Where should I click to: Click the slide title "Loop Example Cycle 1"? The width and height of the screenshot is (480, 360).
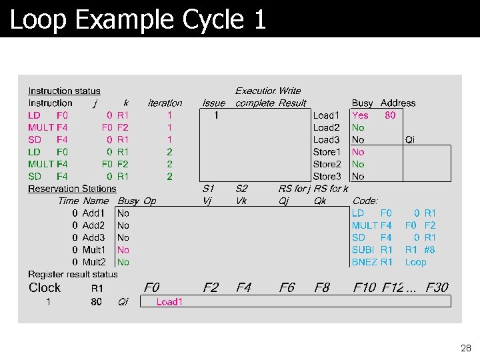coord(138,19)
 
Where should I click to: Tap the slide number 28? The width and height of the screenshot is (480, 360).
coord(465,348)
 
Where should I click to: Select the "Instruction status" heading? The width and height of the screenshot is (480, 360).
coord(64,91)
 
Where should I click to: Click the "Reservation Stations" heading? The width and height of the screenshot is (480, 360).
coord(72,189)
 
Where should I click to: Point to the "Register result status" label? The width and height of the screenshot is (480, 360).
coord(73,274)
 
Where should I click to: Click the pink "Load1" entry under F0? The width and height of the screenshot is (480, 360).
coord(169,302)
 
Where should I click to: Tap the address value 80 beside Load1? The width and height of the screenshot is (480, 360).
coord(390,115)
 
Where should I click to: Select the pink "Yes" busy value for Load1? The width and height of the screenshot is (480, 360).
coord(360,115)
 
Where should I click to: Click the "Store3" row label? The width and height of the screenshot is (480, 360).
coord(327,177)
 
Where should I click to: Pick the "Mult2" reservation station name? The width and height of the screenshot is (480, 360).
coord(93,262)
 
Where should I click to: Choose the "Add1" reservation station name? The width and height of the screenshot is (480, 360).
coord(93,213)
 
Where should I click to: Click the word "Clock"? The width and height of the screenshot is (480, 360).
coord(45,288)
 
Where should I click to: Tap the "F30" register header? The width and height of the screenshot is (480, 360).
coord(437,288)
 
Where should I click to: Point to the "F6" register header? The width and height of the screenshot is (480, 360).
coord(287,288)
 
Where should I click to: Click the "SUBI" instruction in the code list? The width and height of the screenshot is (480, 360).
coord(364,250)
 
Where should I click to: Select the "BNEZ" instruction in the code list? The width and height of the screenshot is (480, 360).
coord(365,262)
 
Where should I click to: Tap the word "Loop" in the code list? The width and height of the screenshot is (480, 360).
coord(415,262)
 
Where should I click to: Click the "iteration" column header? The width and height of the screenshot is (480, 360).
coord(165,103)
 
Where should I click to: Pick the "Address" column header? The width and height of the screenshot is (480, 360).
coord(397,103)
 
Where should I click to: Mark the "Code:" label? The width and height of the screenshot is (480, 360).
coord(365,201)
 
